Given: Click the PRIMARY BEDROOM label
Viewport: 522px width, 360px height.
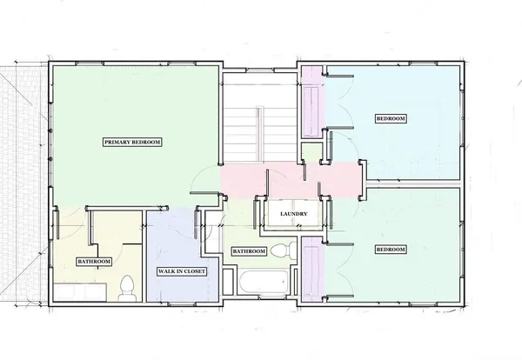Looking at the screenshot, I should click(133, 142).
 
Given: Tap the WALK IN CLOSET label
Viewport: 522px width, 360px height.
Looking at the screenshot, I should click(181, 272).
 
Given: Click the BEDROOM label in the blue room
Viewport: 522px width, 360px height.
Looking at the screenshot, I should click(391, 118).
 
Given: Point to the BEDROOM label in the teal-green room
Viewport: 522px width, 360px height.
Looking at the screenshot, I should click(391, 250).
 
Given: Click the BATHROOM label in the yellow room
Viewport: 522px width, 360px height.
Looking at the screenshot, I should click(93, 262).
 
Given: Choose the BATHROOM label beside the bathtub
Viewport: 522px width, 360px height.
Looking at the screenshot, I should click(248, 251).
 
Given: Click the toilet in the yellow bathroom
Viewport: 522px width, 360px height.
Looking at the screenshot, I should click(127, 286).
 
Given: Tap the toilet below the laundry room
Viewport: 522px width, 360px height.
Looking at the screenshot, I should click(279, 251).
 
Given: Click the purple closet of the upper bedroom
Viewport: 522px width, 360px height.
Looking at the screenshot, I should click(311, 109).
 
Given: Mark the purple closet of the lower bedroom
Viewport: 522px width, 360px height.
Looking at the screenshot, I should click(311, 265).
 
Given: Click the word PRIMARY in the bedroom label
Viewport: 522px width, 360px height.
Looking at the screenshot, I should click(119, 142).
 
